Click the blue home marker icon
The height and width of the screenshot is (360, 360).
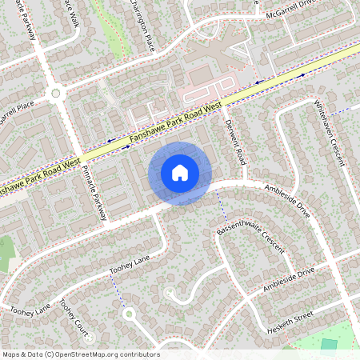[x=180, y=173]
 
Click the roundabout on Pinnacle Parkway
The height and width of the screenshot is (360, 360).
[x=55, y=93]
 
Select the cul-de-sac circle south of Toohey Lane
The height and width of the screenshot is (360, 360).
[x=129, y=314]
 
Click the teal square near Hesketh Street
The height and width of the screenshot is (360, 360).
[x=329, y=345]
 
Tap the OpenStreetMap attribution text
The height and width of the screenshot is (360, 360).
[x=80, y=354]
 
